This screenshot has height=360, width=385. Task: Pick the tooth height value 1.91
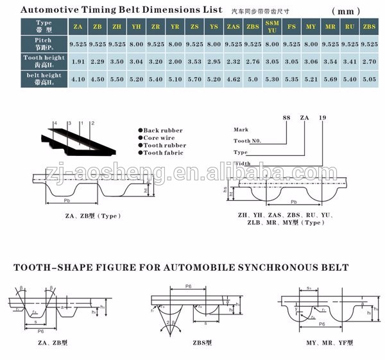tap(76, 62)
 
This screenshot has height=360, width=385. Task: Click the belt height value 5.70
tap(194, 81)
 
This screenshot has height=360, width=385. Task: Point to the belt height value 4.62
tap(233, 81)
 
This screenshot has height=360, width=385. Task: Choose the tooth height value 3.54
tap(330, 62)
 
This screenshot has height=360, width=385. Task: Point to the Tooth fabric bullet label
tap(162, 153)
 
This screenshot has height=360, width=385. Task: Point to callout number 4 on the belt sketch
tap(56, 123)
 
